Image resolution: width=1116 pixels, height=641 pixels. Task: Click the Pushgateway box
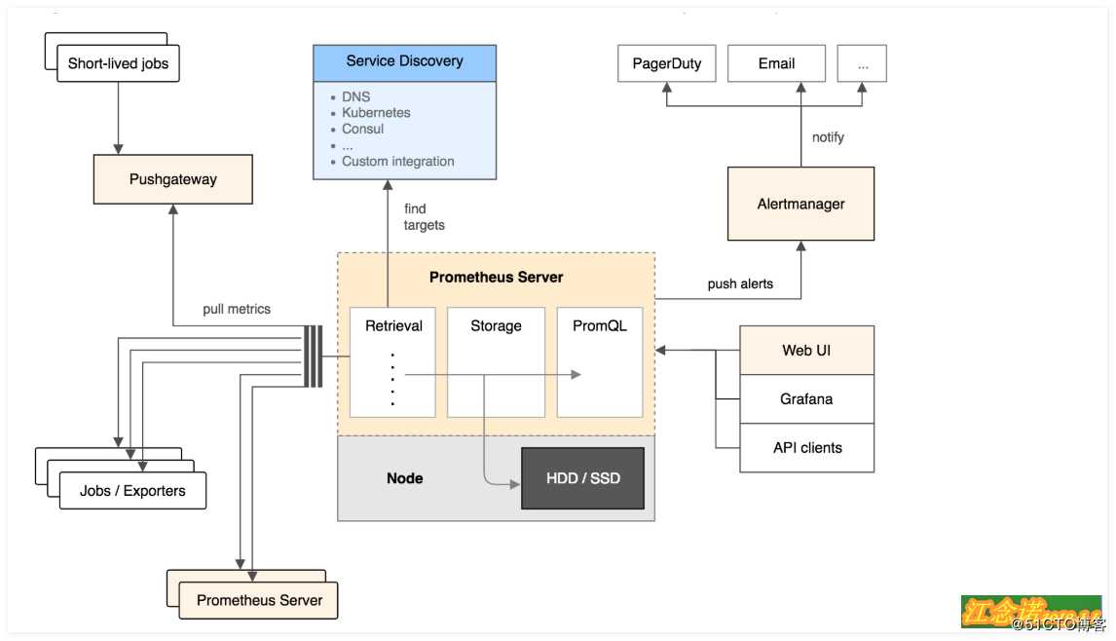[172, 179]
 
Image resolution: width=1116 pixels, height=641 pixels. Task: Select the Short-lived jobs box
[118, 64]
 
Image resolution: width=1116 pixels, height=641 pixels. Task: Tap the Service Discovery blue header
[404, 61]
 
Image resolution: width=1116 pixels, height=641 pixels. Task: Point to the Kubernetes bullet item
[376, 113]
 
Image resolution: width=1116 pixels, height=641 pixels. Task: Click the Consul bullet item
[362, 129]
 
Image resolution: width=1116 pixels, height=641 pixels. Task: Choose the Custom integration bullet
[397, 162]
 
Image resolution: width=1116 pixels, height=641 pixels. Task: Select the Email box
[776, 63]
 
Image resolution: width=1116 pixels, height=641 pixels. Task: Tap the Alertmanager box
[800, 204]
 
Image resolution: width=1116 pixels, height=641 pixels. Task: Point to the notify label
[828, 137]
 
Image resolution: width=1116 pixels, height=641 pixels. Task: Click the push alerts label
[740, 284]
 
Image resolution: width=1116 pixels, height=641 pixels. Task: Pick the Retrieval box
[393, 361]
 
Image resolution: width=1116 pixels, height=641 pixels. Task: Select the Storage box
[496, 361]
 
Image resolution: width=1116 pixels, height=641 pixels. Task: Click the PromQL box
[600, 361]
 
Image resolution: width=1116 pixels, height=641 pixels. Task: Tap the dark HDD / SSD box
[583, 478]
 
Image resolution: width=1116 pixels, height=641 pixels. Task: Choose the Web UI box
[806, 351]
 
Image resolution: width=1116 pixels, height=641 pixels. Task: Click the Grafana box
[806, 399]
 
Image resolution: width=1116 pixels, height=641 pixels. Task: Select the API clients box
[806, 448]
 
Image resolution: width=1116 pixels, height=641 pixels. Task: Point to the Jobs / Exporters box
[132, 490]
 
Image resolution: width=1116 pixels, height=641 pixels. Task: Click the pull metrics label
[237, 309]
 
